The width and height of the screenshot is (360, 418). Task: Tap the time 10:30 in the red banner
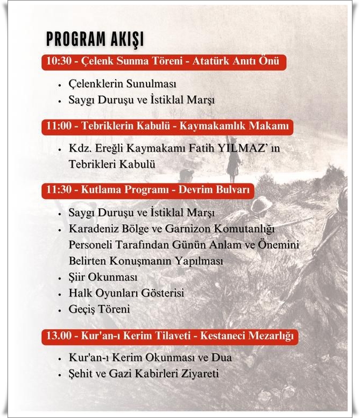point(58,61)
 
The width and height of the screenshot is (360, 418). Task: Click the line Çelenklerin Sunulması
point(123,84)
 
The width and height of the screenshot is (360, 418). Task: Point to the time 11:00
point(58,127)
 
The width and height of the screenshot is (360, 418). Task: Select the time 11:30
point(58,191)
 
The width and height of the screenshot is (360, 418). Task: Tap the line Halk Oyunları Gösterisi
point(126,294)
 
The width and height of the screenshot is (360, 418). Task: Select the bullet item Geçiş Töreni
point(100,310)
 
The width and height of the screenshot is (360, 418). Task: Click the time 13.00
point(58,336)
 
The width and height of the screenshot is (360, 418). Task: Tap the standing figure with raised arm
point(232,159)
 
